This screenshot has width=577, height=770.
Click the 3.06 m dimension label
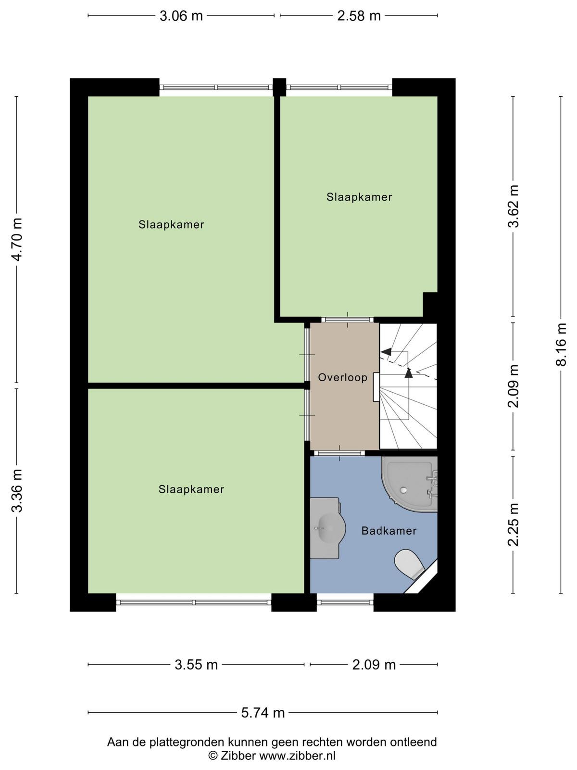181,16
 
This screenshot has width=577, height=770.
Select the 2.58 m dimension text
359,16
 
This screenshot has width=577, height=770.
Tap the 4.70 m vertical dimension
17,239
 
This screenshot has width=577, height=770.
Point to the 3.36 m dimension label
17,490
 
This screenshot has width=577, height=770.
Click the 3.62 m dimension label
513,206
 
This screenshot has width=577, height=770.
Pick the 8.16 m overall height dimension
561,345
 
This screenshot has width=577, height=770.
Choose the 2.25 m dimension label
513,525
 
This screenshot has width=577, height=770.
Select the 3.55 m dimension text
196,665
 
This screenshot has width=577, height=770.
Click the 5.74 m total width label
263,713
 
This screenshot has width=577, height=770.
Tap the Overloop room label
343,377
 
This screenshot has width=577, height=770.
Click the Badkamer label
389,531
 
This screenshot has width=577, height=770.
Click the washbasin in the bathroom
327,528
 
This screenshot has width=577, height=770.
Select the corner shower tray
409,484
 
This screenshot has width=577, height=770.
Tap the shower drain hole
404,490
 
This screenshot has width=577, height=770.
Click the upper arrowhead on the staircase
386,351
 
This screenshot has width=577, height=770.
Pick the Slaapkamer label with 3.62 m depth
359,197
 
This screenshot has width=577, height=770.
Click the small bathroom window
345,603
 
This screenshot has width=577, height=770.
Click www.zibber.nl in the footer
297,755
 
